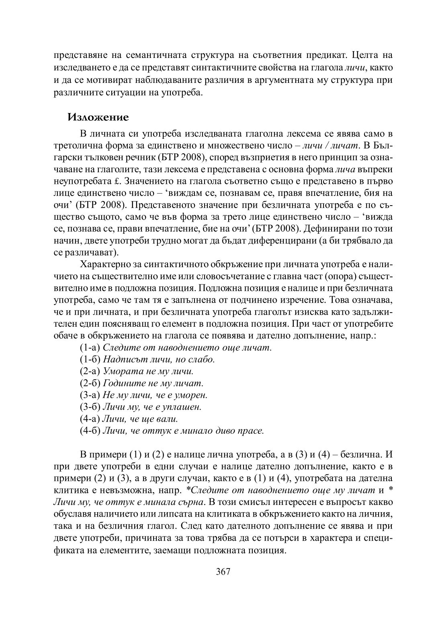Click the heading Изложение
tap(98, 117)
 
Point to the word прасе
tap(251, 431)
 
